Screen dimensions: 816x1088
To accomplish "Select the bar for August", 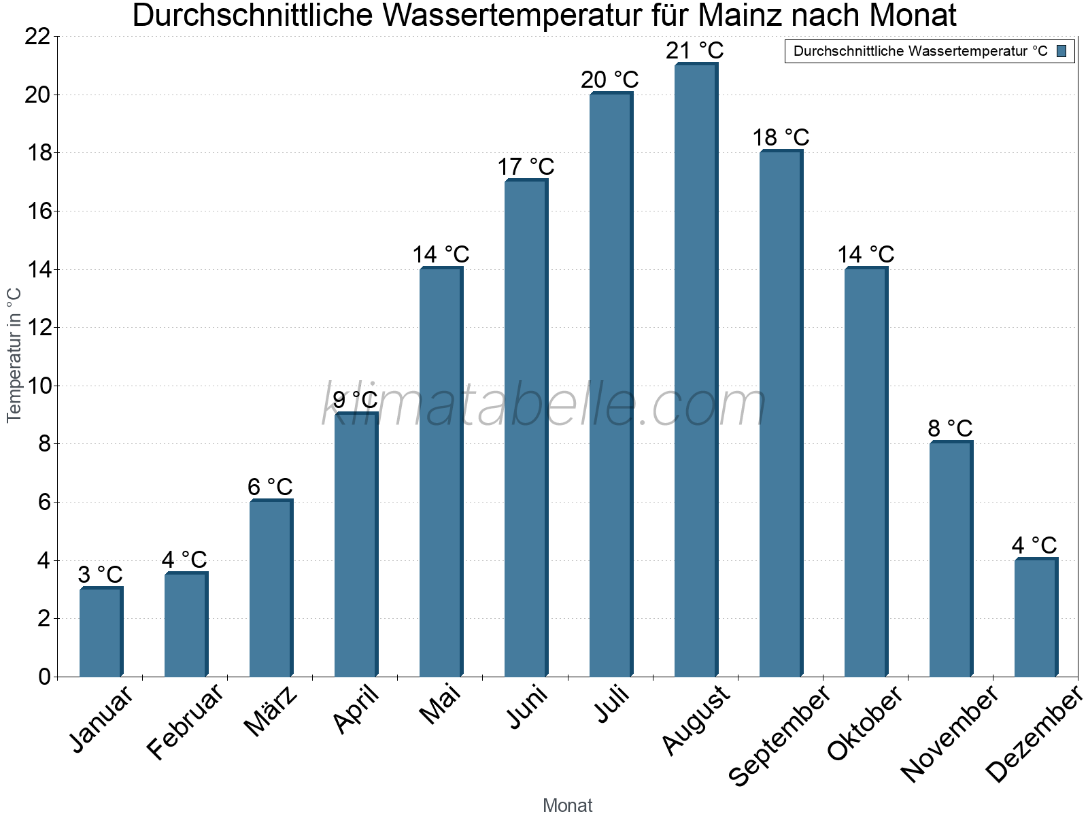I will [696, 371].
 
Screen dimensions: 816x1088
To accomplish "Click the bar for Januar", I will [101, 632].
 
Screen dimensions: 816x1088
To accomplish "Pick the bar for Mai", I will [441, 473].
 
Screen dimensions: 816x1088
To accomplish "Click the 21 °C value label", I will [694, 50].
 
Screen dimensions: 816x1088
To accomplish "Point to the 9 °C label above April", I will [355, 400].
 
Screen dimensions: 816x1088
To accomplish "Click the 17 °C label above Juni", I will [526, 167].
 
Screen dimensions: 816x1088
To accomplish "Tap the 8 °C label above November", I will [950, 428].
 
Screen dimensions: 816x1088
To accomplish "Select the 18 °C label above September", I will [781, 137].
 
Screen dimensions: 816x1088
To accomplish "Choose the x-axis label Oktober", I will [865, 723].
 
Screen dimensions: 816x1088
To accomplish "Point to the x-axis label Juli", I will [612, 704].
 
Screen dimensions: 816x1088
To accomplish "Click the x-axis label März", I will [271, 711].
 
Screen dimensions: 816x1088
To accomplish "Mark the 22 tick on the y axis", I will [37, 37].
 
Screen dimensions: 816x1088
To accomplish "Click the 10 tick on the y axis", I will [37, 386].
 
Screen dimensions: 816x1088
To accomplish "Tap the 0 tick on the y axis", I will [44, 677].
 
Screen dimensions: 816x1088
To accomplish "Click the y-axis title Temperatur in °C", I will [14, 355].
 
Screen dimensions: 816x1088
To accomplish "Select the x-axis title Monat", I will [567, 805].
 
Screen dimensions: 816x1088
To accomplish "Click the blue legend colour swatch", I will [1061, 51].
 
